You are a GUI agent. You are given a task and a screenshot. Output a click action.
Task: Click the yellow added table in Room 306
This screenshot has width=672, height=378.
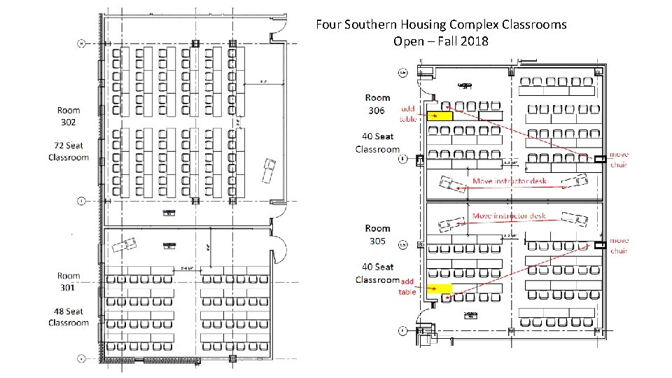pyautogui.click(x=440, y=115)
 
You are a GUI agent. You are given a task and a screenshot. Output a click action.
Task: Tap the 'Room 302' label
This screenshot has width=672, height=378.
pyautogui.click(x=69, y=115)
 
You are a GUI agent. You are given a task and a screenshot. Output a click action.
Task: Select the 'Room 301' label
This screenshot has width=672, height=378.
pyautogui.click(x=69, y=281)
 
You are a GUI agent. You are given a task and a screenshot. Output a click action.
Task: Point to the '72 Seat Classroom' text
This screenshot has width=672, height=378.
pyautogui.click(x=69, y=151)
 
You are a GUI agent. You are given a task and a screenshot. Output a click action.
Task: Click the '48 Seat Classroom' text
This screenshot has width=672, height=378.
pyautogui.click(x=69, y=317)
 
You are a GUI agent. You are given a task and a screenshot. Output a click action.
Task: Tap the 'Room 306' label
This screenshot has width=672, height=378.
pyautogui.click(x=377, y=104)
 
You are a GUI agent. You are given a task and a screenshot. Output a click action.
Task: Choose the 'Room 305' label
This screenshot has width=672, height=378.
pyautogui.click(x=377, y=234)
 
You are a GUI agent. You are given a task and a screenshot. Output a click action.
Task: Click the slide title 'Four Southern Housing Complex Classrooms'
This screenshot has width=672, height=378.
pyautogui.click(x=441, y=24)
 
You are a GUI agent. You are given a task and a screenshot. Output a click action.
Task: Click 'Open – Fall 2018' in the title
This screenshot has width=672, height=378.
pyautogui.click(x=441, y=41)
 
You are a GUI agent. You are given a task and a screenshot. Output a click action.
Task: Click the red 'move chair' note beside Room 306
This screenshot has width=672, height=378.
pyautogui.click(x=619, y=160)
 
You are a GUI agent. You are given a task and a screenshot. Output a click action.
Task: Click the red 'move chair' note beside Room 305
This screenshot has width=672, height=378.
pyautogui.click(x=619, y=246)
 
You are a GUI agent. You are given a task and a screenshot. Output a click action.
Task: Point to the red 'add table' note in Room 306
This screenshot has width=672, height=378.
pyautogui.click(x=408, y=113)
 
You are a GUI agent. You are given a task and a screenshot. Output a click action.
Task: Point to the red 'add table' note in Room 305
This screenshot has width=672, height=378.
pyautogui.click(x=407, y=286)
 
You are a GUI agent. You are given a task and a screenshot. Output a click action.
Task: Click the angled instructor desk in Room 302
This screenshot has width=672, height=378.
pyautogui.click(x=267, y=170)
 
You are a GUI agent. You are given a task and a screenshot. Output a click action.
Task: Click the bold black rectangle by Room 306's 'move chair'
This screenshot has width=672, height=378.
pyautogui.click(x=599, y=160)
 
